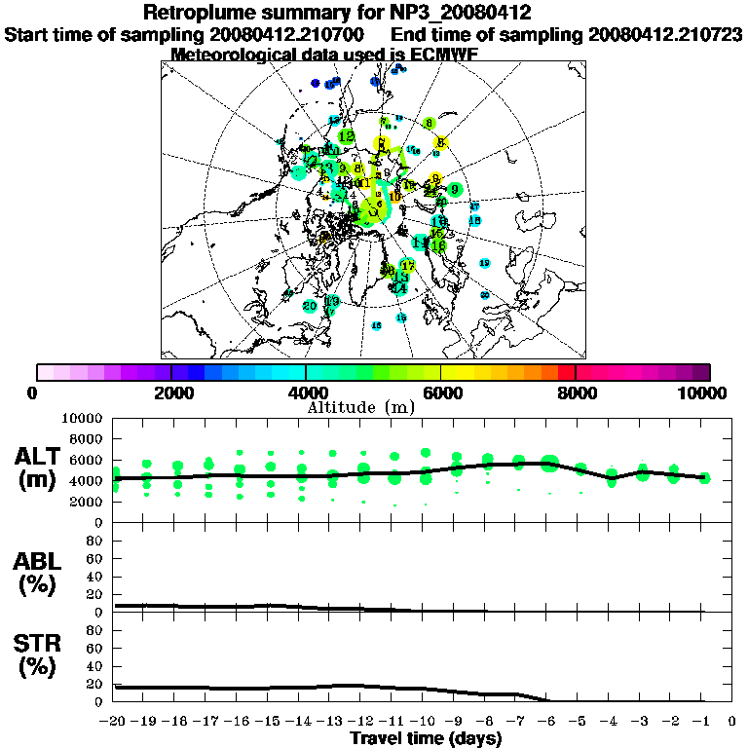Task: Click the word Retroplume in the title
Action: pyautogui.click(x=199, y=13)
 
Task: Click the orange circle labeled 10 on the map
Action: pyautogui.click(x=394, y=197)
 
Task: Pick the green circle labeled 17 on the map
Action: pyautogui.click(x=408, y=266)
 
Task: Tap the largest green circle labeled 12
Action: pyautogui.click(x=346, y=137)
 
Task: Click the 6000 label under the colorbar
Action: pyautogui.click(x=441, y=393)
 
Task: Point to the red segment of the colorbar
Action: pyautogui.click(x=566, y=372)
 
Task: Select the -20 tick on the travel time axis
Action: pyautogui.click(x=114, y=722)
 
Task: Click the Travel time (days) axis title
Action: pyautogui.click(x=426, y=738)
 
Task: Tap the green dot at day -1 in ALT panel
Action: pyautogui.click(x=704, y=478)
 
